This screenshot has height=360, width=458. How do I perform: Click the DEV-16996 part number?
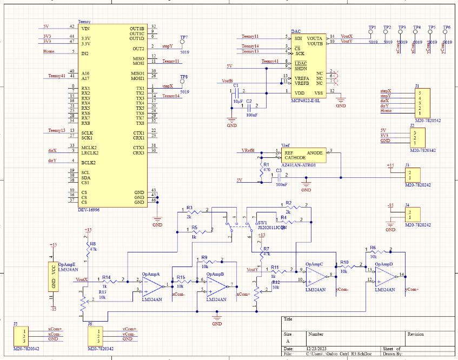pyautogui.click(x=89, y=210)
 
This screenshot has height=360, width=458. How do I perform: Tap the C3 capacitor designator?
pyautogui.click(x=279, y=171)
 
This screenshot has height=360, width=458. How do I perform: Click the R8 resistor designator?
pyautogui.click(x=92, y=244)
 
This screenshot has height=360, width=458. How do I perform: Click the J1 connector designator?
pyautogui.click(x=417, y=86)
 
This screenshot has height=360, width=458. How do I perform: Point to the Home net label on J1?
pyautogui.click(x=386, y=111)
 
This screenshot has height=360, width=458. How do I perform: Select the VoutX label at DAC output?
pyautogui.click(x=347, y=36)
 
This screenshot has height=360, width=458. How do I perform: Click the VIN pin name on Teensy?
pyautogui.click(x=85, y=28)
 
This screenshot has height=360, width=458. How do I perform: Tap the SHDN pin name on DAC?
pyautogui.click(x=301, y=69)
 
